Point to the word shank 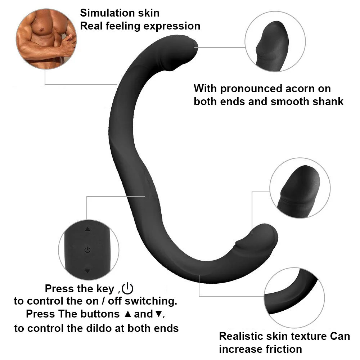click(x=325, y=102)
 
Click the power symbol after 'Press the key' click(x=128, y=288)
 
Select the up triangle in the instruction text click(x=127, y=314)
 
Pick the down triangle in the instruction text click(x=158, y=314)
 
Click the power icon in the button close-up click(x=87, y=249)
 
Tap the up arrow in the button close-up click(x=87, y=229)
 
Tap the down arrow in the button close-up click(x=87, y=271)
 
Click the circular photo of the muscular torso click(x=46, y=39)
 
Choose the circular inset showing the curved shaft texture click(x=294, y=298)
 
